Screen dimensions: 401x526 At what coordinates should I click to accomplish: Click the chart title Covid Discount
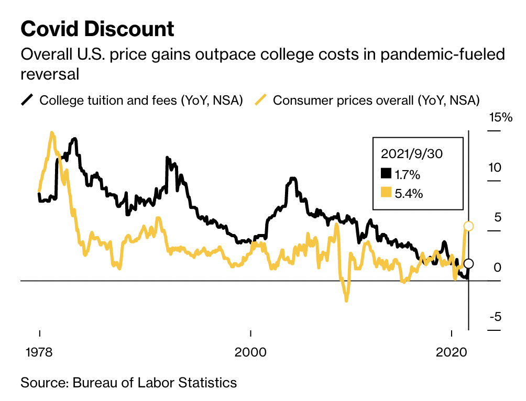[x=97, y=29]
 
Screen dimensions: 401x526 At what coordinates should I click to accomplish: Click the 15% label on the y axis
[x=500, y=117]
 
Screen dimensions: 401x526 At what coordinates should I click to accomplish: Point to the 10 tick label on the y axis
[x=495, y=168]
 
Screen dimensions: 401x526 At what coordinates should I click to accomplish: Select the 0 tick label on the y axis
[x=498, y=268]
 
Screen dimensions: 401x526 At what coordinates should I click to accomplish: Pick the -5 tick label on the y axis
[x=495, y=317]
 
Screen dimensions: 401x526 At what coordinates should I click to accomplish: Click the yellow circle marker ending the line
[x=469, y=226]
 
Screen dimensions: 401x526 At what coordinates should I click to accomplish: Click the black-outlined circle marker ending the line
[x=469, y=263]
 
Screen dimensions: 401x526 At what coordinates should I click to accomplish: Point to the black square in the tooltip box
[x=386, y=173]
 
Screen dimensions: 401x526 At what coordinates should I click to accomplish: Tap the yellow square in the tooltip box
[x=386, y=192]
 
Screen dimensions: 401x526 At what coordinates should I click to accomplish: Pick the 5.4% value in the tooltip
[x=409, y=193]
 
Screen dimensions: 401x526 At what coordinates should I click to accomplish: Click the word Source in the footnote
[x=44, y=382]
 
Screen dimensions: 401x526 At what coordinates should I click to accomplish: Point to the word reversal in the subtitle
[x=50, y=74]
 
